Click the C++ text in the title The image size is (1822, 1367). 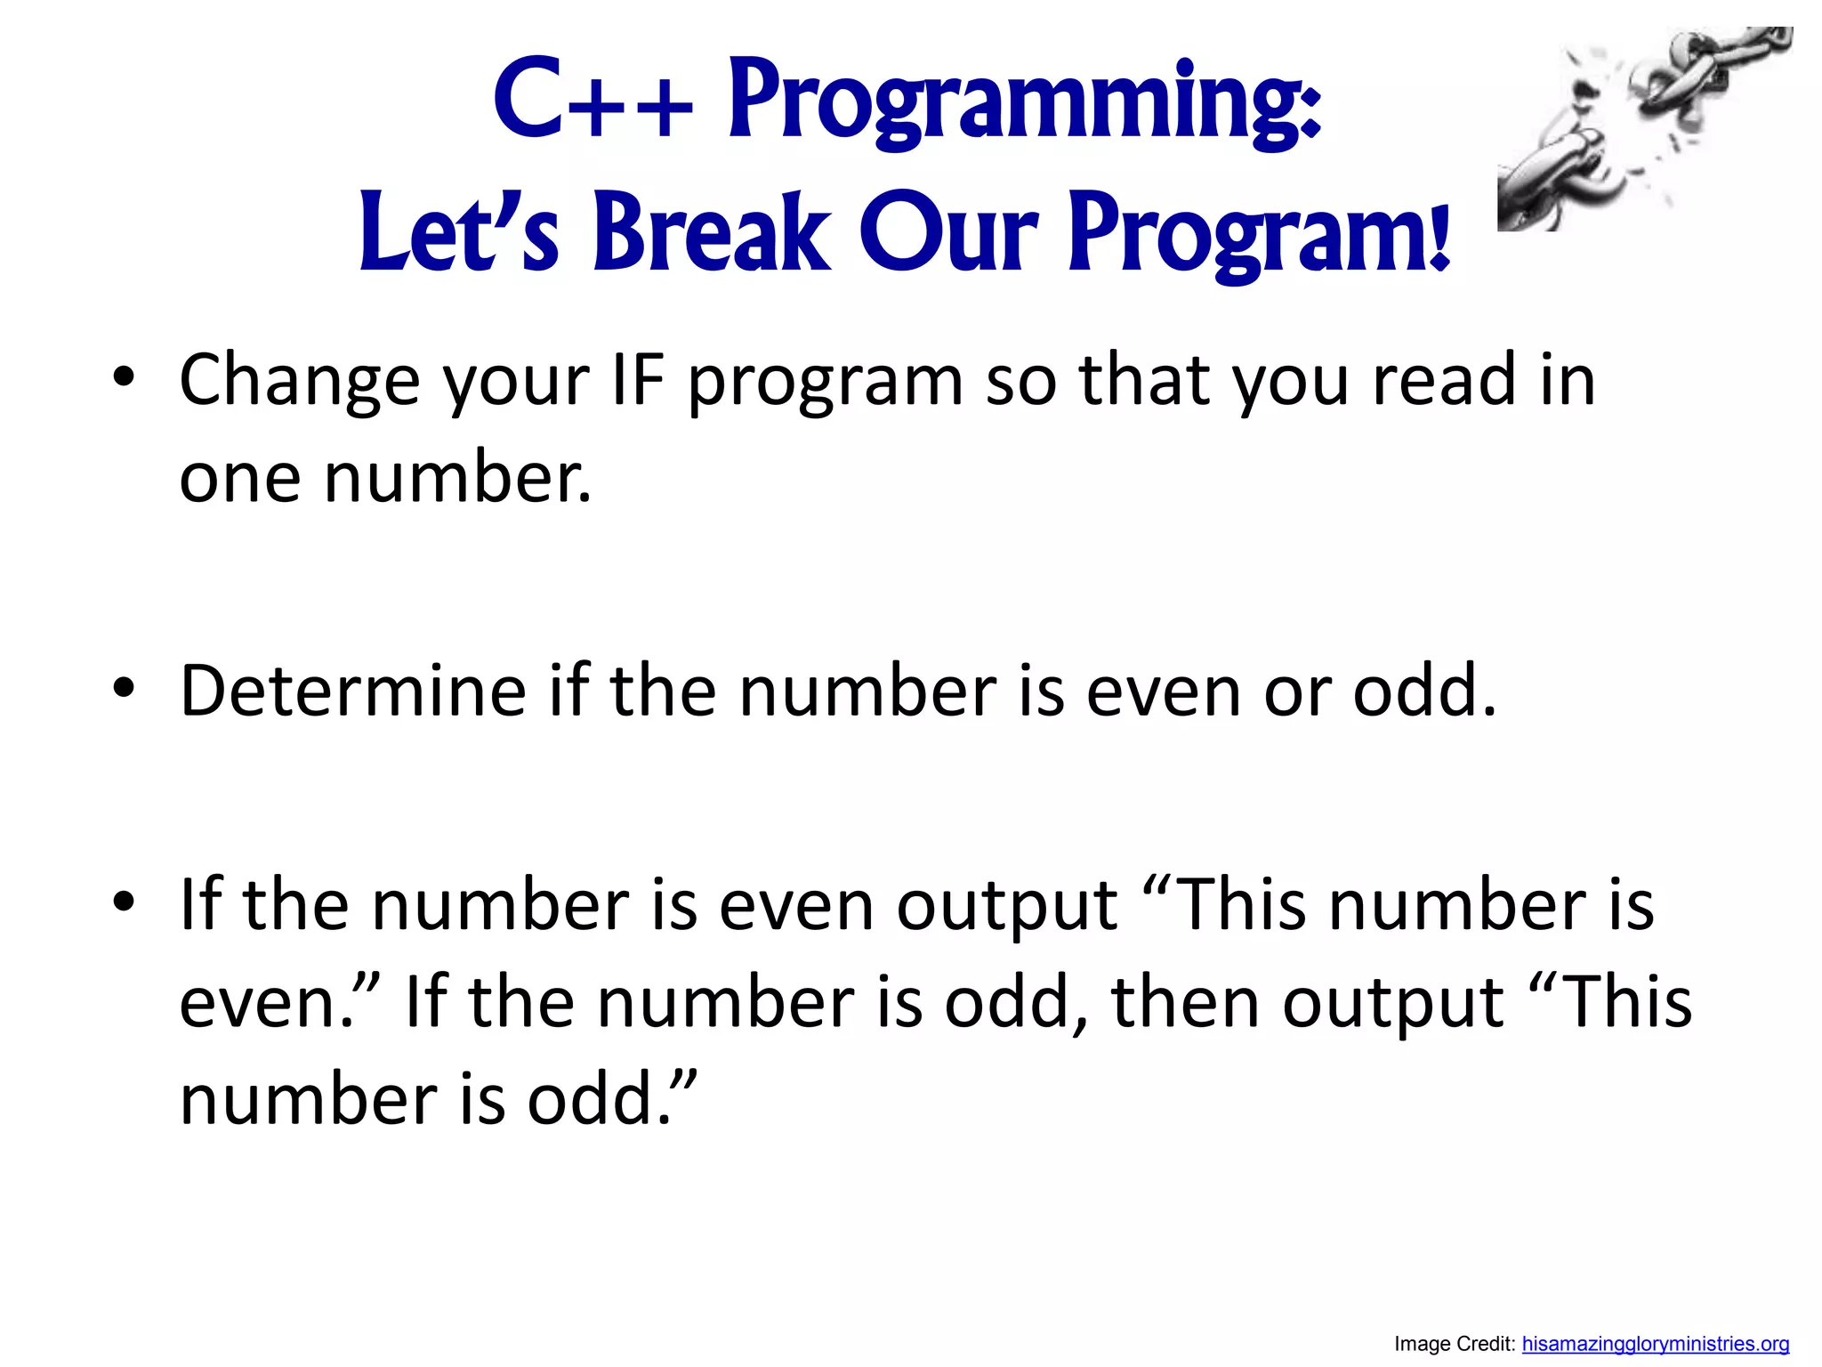click(592, 100)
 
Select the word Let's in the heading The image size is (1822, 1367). click(458, 233)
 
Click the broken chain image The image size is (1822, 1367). click(1644, 129)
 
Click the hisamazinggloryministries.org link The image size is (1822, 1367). click(1655, 1344)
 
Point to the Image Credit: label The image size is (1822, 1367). click(1455, 1344)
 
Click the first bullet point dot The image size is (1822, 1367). click(124, 377)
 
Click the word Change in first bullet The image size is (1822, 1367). click(299, 381)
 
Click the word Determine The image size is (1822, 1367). click(353, 691)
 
